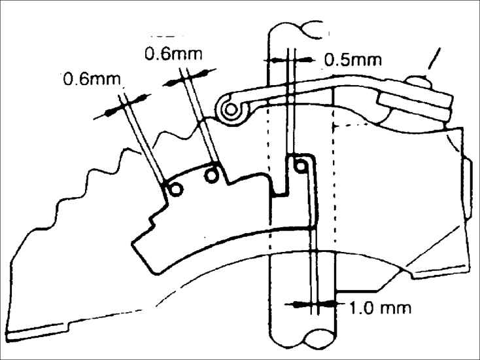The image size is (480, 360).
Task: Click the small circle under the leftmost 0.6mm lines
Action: (175, 189)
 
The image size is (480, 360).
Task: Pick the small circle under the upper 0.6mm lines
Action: (212, 175)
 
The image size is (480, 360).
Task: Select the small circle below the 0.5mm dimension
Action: (300, 166)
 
